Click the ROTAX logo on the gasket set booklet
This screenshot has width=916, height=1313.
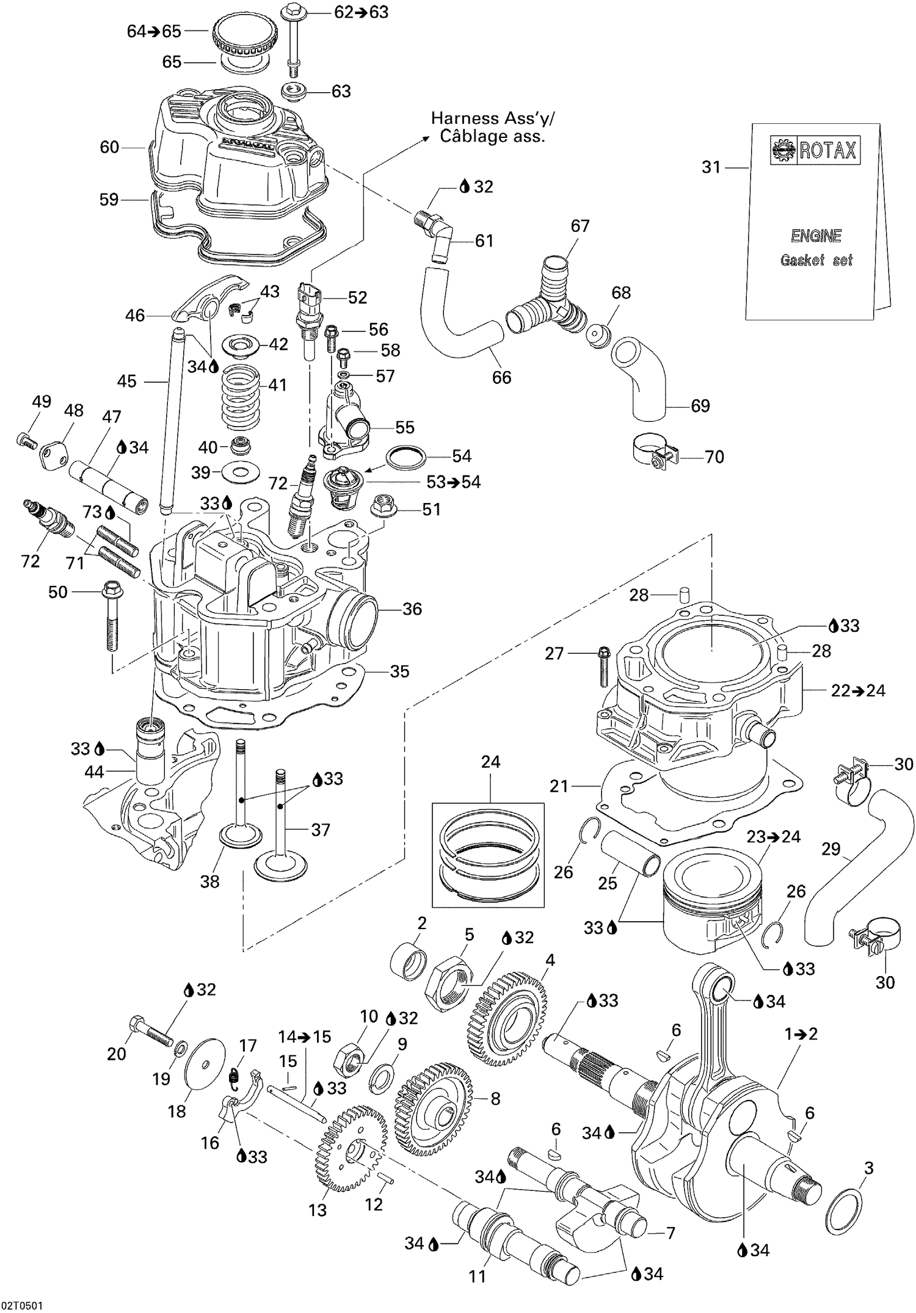point(815,150)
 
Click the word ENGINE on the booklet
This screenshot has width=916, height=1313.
point(816,236)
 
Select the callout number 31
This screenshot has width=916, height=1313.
point(711,167)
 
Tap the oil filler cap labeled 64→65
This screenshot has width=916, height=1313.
point(243,34)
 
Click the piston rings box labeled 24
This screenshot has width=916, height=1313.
point(487,854)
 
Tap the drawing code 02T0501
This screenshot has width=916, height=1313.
point(22,1304)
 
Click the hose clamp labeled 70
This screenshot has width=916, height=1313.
point(650,453)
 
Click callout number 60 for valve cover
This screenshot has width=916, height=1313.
point(109,147)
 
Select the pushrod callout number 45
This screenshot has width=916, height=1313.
point(127,382)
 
